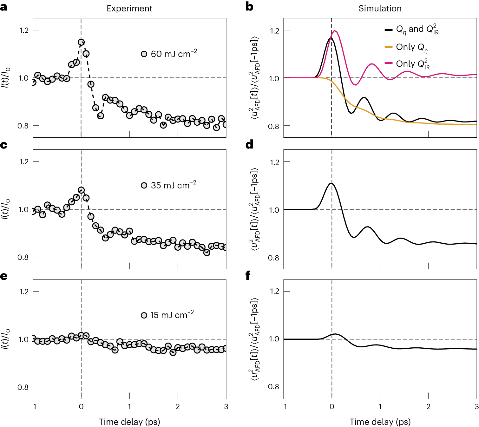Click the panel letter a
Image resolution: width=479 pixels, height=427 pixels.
click(4, 7)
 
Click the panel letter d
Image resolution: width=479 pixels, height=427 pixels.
click(249, 145)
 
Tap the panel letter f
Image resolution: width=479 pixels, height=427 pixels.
click(248, 276)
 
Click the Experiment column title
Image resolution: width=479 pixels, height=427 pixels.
click(129, 8)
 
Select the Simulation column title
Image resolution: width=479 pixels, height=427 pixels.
click(380, 8)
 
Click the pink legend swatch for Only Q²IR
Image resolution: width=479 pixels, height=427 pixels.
click(389, 63)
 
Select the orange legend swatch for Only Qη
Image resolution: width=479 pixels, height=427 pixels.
click(389, 47)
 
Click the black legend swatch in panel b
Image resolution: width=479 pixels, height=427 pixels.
click(389, 30)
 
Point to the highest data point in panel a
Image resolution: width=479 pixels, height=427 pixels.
click(81, 42)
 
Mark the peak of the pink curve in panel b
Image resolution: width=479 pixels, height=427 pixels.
click(335, 31)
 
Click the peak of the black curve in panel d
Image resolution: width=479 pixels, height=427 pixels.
click(331, 183)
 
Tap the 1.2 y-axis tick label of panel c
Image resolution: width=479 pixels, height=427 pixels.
click(24, 162)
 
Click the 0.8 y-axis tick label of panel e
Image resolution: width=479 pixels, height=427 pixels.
click(23, 387)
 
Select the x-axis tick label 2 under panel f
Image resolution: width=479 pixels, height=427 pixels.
click(428, 406)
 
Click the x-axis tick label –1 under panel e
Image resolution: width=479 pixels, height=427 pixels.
click(33, 406)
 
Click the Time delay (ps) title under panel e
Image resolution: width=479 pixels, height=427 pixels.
click(129, 422)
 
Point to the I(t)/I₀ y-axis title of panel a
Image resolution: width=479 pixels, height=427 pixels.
click(6, 78)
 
